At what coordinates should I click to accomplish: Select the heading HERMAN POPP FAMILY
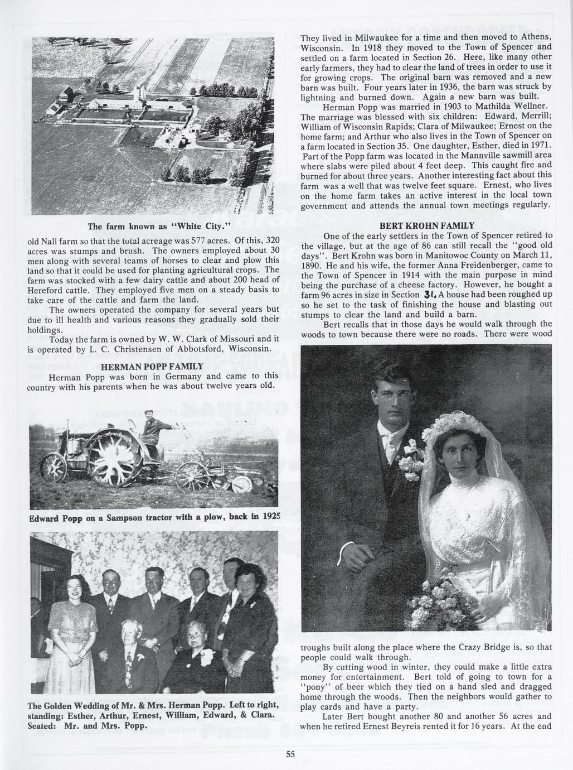(x=152, y=367)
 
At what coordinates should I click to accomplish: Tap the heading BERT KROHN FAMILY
(x=426, y=226)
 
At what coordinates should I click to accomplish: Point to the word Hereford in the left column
(x=47, y=290)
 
